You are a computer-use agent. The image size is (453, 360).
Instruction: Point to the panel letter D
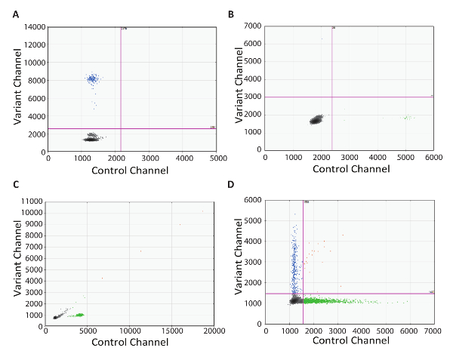click(x=231, y=187)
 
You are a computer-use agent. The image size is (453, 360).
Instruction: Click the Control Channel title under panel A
click(x=132, y=170)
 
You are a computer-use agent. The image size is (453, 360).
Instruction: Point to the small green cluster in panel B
click(x=409, y=118)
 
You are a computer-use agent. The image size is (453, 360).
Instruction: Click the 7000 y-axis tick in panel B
click(x=254, y=27)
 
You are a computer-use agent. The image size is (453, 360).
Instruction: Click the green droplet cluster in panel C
click(x=76, y=315)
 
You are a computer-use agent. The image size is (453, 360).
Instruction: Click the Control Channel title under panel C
click(x=130, y=342)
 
